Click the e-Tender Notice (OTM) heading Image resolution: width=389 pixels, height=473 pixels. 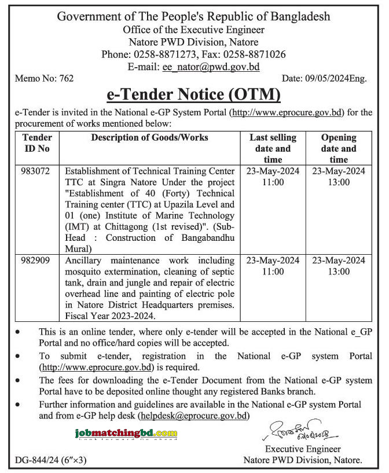point(193,94)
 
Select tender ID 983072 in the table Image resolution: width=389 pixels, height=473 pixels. point(38,172)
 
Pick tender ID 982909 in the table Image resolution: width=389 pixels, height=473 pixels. point(38,261)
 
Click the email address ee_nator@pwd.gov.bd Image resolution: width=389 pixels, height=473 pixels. point(211,67)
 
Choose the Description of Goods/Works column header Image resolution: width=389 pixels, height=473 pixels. point(150,138)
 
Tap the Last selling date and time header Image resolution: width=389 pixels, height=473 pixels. point(273,148)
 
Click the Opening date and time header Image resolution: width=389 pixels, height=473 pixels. point(339,148)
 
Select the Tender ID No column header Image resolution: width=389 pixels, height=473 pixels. point(38,143)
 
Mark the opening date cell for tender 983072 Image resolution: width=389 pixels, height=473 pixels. point(339,177)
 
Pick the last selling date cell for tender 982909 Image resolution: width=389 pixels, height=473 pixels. point(273,266)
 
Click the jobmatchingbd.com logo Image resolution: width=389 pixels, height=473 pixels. point(126,434)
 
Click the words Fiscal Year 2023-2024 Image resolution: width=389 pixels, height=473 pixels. point(111,316)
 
